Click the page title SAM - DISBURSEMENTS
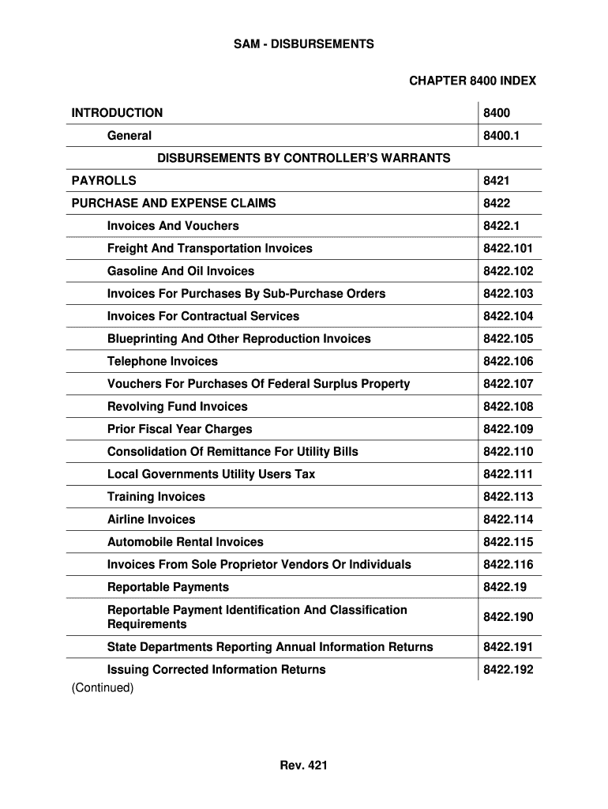click(x=303, y=44)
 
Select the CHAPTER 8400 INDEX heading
click(x=472, y=81)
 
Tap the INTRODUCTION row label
click(x=117, y=113)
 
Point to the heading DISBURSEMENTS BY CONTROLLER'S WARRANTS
click(x=303, y=158)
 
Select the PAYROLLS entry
click(x=103, y=181)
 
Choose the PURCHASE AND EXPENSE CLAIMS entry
click(x=174, y=203)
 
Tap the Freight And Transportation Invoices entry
click(x=209, y=248)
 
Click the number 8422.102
click(x=508, y=271)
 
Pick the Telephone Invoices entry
click(x=162, y=361)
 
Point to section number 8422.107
click(x=508, y=384)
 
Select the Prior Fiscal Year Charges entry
click(x=179, y=429)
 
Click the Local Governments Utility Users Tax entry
click(x=211, y=474)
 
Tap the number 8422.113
click(x=508, y=497)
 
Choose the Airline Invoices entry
click(x=151, y=519)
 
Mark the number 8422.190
click(x=508, y=617)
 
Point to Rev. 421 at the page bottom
click(x=303, y=765)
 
